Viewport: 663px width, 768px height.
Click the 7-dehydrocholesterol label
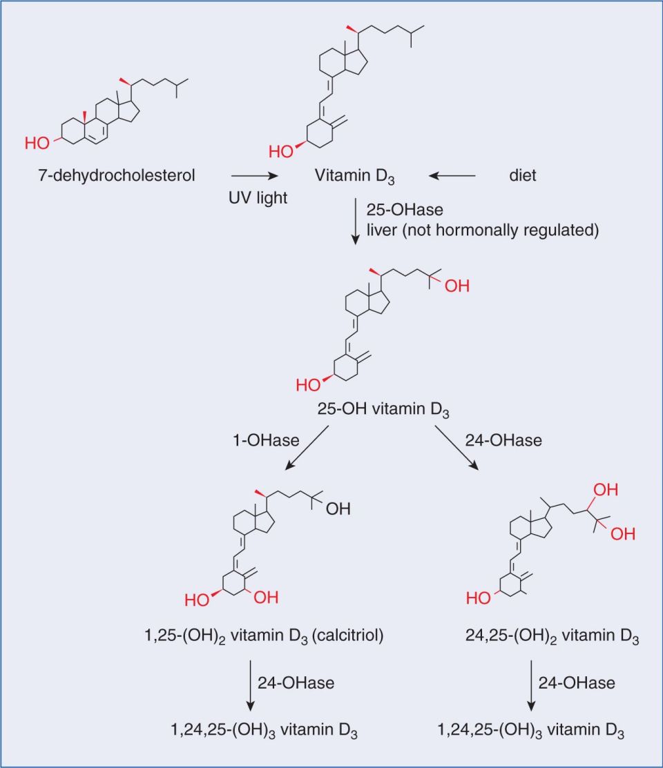click(x=117, y=175)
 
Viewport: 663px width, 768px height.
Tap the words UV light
click(x=258, y=198)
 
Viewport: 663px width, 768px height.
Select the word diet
click(x=523, y=175)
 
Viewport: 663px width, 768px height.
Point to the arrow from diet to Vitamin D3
click(x=452, y=175)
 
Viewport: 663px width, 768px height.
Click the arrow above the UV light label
click(x=255, y=175)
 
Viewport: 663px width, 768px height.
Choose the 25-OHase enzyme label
click(x=405, y=210)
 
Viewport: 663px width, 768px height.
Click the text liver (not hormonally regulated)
click(x=483, y=230)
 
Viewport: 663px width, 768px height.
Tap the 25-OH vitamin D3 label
click(x=383, y=409)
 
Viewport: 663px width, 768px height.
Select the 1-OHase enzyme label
click(x=266, y=440)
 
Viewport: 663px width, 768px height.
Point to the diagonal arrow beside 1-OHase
click(x=307, y=448)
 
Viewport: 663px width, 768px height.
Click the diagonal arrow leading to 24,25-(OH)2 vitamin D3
click(x=457, y=448)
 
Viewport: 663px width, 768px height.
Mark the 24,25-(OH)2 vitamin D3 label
click(x=552, y=636)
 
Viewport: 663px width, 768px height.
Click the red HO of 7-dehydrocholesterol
click(x=37, y=143)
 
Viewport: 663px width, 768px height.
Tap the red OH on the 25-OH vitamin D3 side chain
click(x=457, y=286)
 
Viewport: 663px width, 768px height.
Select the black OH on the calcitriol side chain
click(x=338, y=509)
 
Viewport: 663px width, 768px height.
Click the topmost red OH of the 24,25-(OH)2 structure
click(x=606, y=490)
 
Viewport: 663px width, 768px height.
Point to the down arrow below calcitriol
click(x=251, y=685)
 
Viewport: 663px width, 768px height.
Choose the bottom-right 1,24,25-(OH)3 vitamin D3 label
click(x=530, y=730)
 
